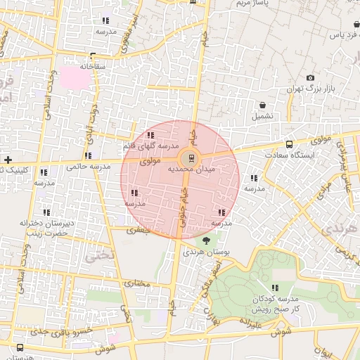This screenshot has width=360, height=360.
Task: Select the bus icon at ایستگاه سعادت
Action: click(290, 143)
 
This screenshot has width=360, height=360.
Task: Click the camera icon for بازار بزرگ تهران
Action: click(310, 78)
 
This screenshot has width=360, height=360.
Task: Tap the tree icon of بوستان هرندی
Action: click(205, 240)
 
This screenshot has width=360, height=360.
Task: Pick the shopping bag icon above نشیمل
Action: click(262, 105)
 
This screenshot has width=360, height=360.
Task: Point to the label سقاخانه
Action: click(92, 66)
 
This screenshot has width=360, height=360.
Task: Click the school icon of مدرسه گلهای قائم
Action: click(150, 135)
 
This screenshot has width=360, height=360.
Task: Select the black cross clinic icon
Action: click(7, 160)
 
